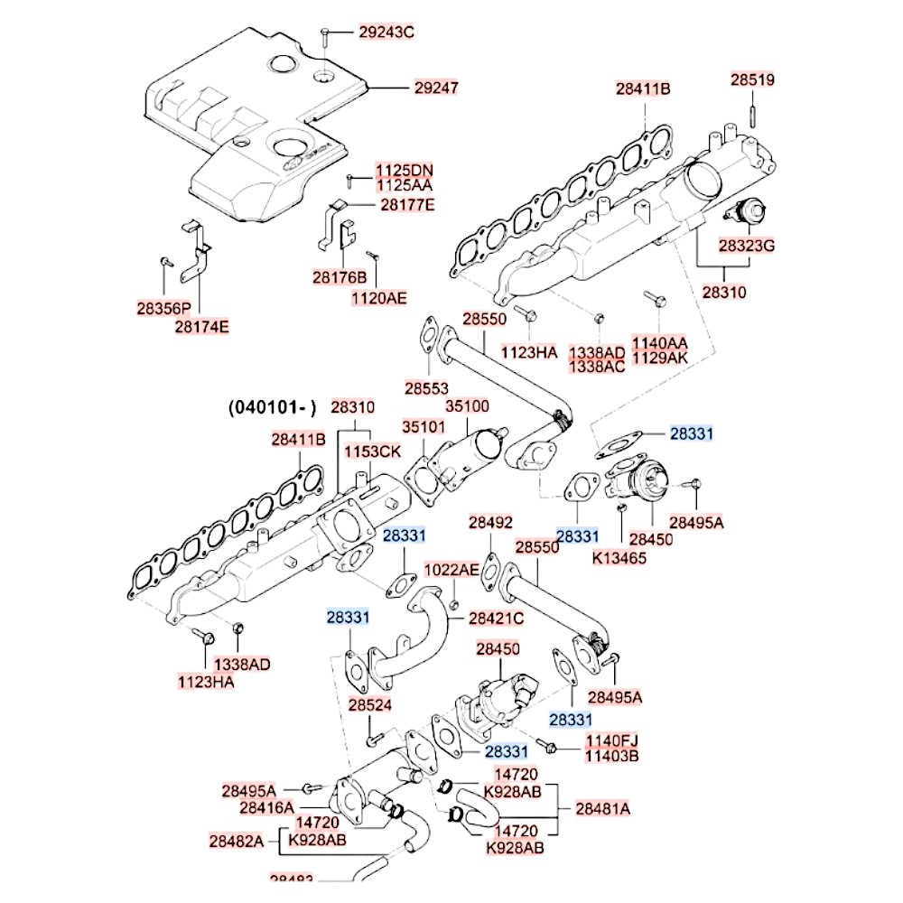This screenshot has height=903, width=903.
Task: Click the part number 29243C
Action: pos(386,33)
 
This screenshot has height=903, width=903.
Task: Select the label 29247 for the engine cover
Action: pos(437,88)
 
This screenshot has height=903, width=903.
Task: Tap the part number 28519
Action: pos(752,79)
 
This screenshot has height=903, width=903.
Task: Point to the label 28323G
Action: pos(747,245)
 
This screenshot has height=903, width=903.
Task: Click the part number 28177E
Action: pos(406,205)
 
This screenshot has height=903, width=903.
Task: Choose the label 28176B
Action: pos(340,276)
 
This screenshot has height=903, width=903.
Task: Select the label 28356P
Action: pos(163,309)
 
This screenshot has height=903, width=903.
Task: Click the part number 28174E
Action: pos(201,326)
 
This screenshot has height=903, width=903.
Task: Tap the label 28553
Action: pos(426,387)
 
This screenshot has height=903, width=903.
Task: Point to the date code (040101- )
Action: pos(272,408)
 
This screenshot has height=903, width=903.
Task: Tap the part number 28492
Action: pos(490,522)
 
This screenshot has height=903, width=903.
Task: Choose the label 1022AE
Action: pos(452,570)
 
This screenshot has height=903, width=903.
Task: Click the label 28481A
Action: pos(602,809)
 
